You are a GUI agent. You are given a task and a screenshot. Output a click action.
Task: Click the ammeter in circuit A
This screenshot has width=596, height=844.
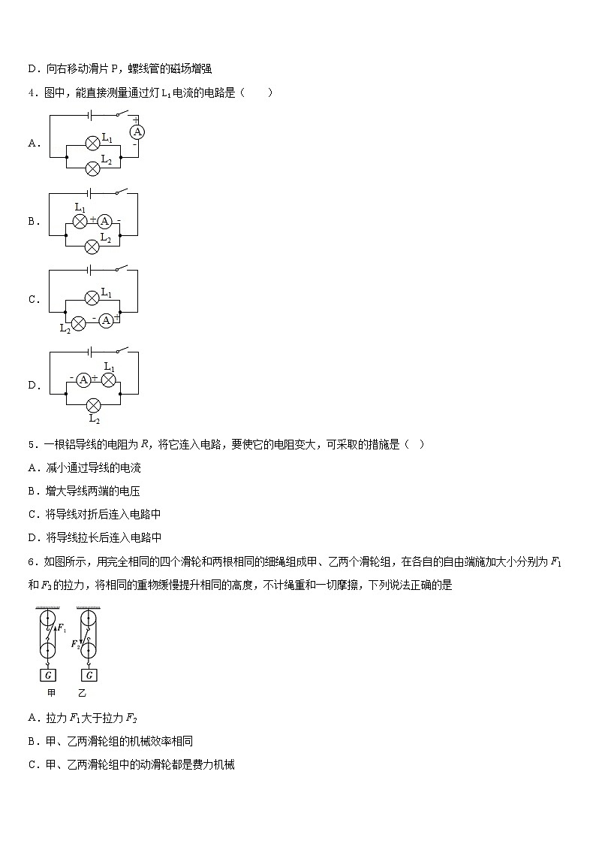137,132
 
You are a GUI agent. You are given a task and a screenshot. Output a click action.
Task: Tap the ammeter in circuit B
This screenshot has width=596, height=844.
105,220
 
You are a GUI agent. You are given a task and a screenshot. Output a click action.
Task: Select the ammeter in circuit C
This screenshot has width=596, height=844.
106,319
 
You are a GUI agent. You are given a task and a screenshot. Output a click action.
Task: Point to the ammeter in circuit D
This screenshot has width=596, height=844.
84,380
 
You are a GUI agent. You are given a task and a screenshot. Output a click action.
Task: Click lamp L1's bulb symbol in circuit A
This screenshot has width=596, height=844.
92,142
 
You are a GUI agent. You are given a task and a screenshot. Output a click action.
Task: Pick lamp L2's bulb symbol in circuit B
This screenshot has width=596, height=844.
92,245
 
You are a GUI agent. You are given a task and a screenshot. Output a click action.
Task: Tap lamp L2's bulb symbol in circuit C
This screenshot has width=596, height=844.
77,320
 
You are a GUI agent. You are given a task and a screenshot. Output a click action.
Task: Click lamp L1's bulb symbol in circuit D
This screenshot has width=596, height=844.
109,380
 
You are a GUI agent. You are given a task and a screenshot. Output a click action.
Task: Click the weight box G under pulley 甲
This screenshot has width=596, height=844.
48,674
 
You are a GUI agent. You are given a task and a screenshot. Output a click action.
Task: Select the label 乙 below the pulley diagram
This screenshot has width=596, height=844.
82,693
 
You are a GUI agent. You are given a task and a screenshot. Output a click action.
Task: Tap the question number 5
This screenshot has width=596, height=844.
31,444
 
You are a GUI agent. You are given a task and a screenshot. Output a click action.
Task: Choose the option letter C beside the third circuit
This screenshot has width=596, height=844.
33,299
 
